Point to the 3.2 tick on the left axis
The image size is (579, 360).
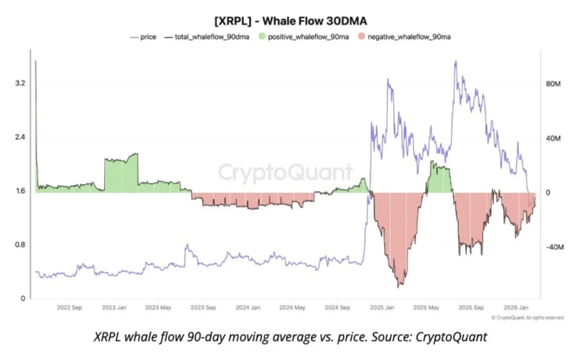[x=20, y=83]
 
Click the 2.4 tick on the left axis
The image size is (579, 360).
[x=20, y=137]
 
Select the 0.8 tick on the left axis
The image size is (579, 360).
[x=20, y=245]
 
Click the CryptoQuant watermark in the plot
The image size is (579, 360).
[x=286, y=172]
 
